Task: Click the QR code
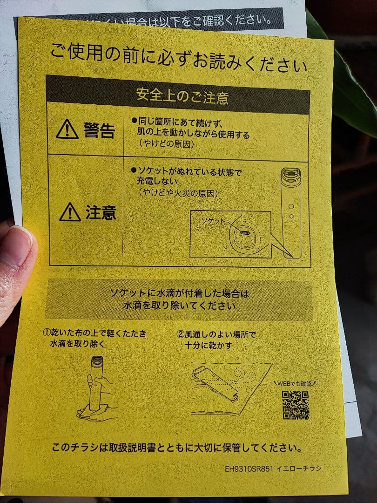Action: coord(296,405)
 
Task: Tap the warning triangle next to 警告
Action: coord(67,129)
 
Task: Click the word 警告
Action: coord(99,130)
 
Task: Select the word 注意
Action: coord(101,212)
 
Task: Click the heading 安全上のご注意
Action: coord(182,95)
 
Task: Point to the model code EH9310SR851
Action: coord(249,469)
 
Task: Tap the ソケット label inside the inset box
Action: coord(213,221)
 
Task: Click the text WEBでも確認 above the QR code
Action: coord(295,384)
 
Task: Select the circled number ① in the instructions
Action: coord(47,333)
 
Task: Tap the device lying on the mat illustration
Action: coord(215,383)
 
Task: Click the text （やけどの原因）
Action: coord(166,144)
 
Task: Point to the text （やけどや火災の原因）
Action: coord(178,193)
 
